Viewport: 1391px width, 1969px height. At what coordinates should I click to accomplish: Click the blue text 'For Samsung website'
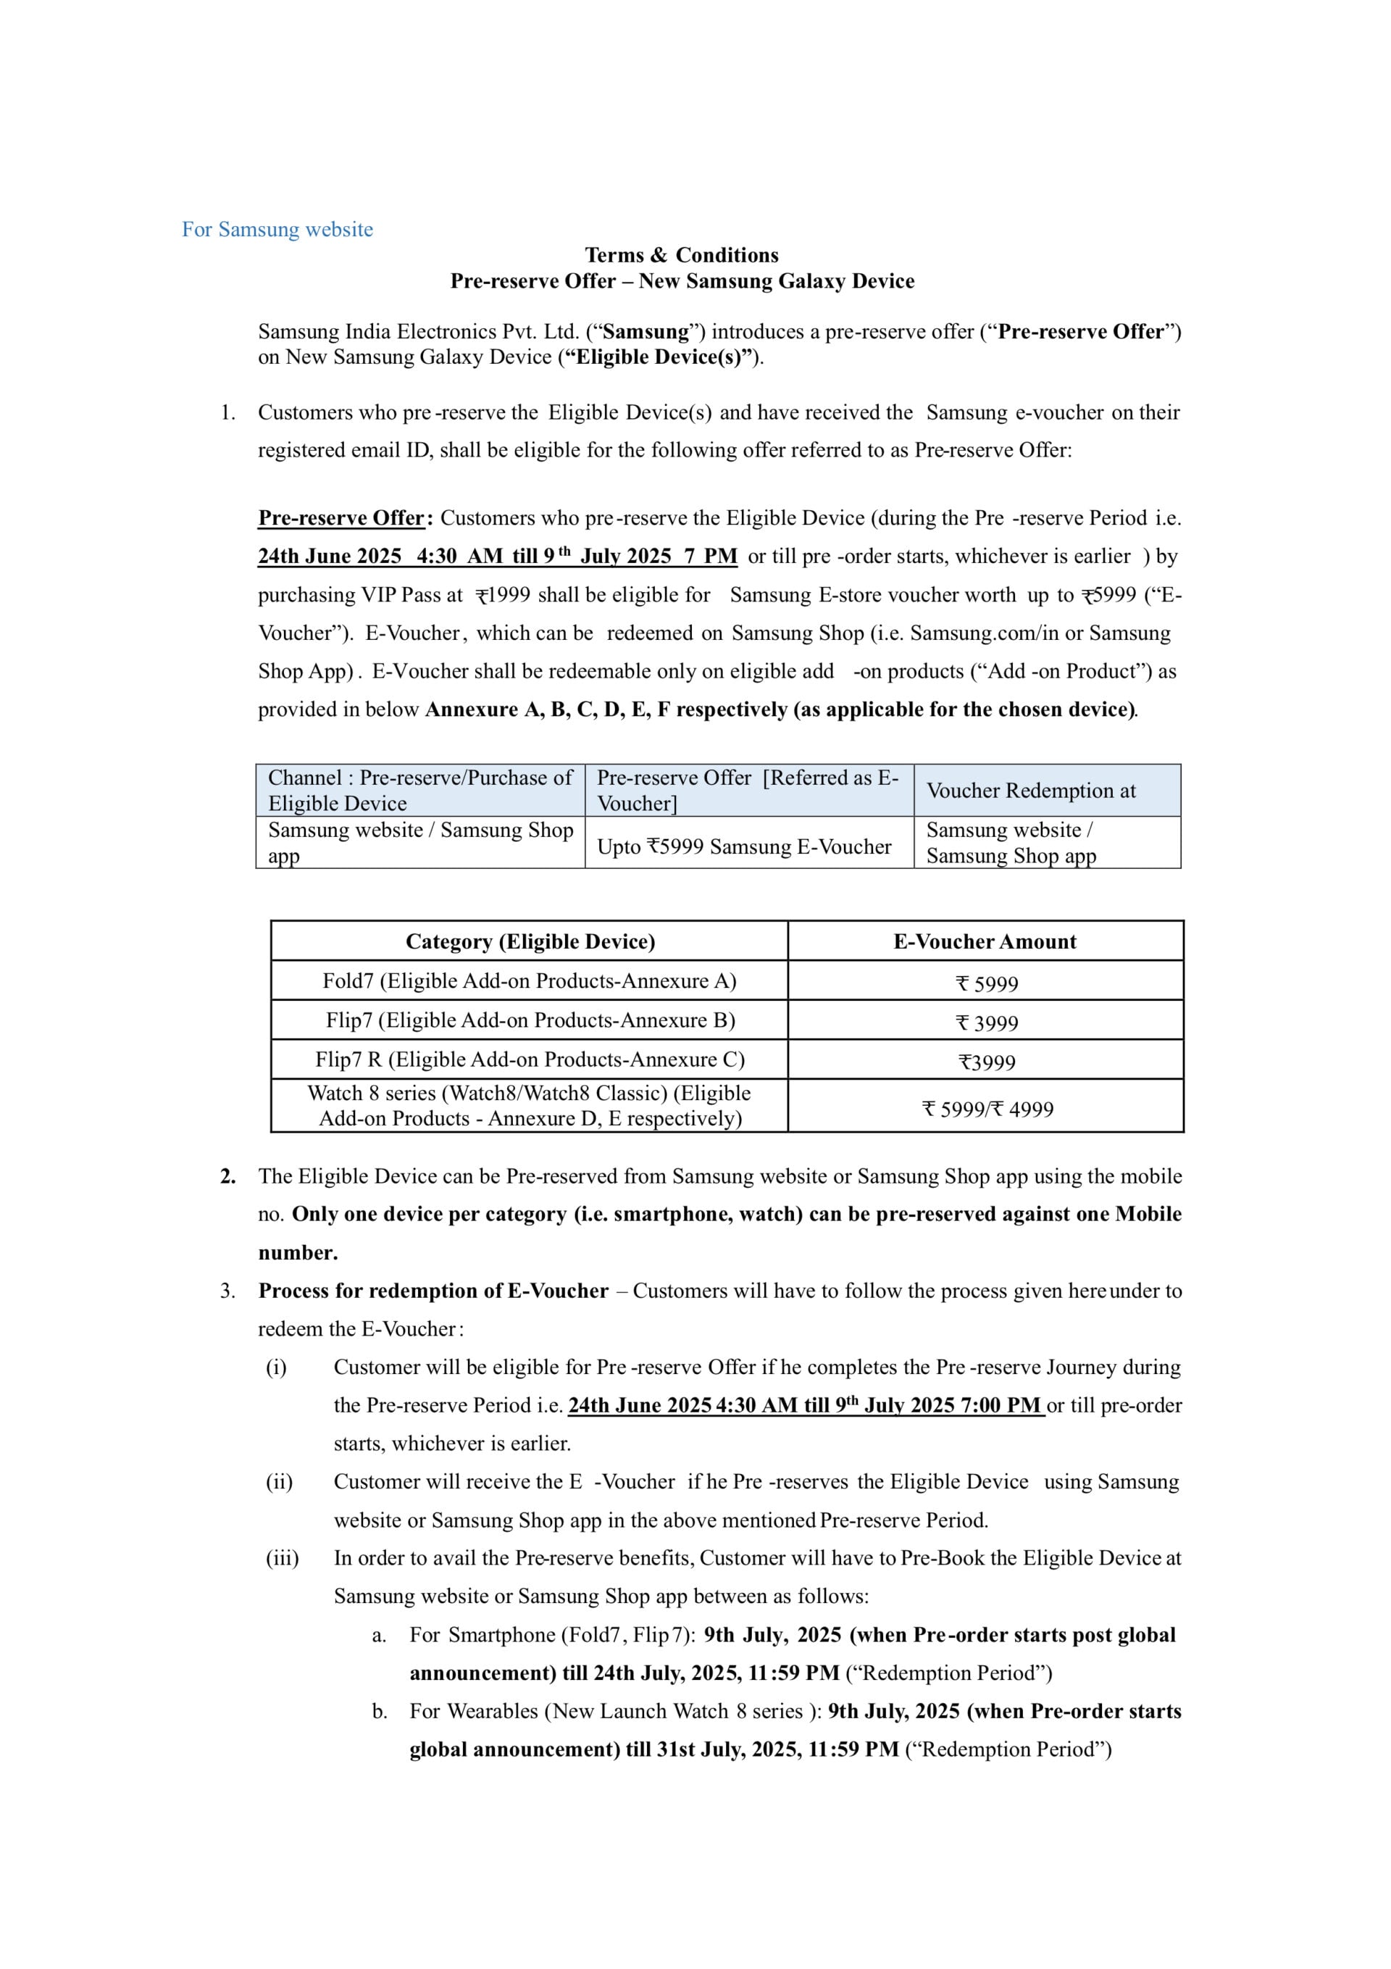click(277, 230)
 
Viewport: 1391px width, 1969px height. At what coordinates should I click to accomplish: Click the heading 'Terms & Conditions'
click(682, 254)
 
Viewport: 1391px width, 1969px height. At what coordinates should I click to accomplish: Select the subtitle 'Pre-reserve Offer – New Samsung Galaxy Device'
click(682, 281)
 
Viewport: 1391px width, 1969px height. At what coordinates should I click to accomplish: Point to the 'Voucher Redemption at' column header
click(1030, 791)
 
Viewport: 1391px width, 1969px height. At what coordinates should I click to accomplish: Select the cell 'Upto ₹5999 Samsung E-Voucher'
click(744, 847)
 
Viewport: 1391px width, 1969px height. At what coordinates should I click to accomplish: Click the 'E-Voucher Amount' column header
click(985, 941)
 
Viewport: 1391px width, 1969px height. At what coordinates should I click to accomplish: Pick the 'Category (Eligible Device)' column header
click(530, 941)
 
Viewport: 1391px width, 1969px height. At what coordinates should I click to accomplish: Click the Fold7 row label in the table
click(529, 981)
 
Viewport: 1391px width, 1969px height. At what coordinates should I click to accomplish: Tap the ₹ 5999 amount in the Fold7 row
click(986, 983)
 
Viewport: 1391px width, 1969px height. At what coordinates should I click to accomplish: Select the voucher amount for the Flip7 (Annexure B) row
click(986, 1023)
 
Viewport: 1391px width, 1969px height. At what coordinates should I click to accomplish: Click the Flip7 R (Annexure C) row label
click(529, 1060)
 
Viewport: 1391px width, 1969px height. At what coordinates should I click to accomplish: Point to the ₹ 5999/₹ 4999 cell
click(987, 1110)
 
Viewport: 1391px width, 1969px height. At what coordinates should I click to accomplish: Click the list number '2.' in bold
click(227, 1177)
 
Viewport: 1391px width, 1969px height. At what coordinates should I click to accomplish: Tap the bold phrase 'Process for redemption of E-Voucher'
click(433, 1291)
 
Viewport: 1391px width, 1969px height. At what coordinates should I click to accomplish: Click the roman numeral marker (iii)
click(282, 1558)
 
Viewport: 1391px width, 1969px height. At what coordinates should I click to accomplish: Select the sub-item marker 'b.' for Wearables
click(379, 1712)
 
